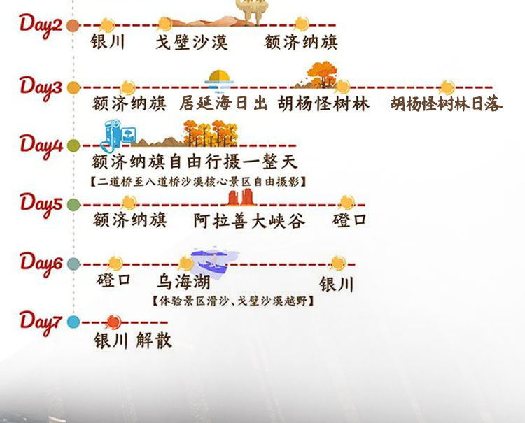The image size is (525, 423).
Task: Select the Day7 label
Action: pyautogui.click(x=41, y=322)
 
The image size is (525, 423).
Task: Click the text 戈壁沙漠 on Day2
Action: pyautogui.click(x=192, y=43)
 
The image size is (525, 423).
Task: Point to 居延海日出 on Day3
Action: pyautogui.click(x=223, y=104)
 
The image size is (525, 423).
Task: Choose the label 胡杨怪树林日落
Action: pyautogui.click(x=447, y=104)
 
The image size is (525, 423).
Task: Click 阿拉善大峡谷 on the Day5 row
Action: pyautogui.click(x=250, y=222)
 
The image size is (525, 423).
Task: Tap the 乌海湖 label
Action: pyautogui.click(x=183, y=283)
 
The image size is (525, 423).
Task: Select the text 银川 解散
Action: pyautogui.click(x=133, y=341)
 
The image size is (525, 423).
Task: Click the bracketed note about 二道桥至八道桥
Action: pyautogui.click(x=201, y=181)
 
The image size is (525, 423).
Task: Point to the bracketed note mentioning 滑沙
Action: pyautogui.click(x=232, y=302)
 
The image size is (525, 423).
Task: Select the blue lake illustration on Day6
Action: pyautogui.click(x=213, y=261)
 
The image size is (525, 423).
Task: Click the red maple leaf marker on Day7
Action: pyautogui.click(x=111, y=322)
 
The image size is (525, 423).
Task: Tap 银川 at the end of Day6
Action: pyautogui.click(x=337, y=285)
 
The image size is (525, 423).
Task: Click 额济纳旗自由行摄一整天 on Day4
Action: pyautogui.click(x=195, y=162)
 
